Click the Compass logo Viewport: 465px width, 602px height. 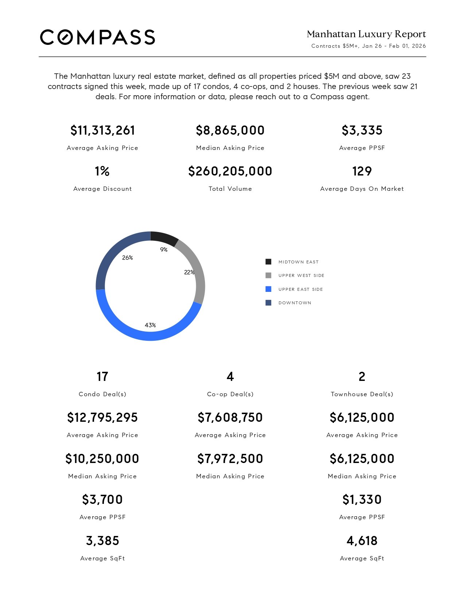point(97,37)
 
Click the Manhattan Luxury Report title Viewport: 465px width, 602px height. point(366,34)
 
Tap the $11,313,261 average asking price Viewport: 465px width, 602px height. point(102,130)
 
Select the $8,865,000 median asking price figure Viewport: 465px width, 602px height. point(230,130)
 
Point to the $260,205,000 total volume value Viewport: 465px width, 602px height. point(230,171)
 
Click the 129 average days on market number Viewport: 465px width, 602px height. point(362,171)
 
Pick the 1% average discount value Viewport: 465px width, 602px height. point(102,171)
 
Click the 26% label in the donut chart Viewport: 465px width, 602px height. point(127,258)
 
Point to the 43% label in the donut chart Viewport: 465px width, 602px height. point(150,325)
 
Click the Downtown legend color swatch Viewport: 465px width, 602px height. point(268,303)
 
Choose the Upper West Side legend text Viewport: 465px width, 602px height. point(301,275)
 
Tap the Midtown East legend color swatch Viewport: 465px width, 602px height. point(268,262)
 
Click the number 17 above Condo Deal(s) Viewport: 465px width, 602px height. point(102,377)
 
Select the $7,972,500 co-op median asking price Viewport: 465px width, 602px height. point(230,459)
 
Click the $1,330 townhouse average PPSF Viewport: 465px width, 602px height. point(362,499)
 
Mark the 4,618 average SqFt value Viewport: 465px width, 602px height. point(362,541)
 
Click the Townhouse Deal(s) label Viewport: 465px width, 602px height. point(362,394)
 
